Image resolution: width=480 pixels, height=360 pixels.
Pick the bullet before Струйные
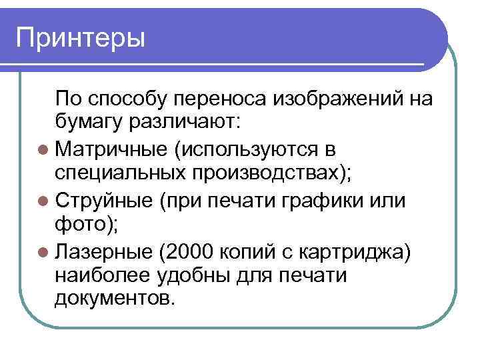click(44, 200)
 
